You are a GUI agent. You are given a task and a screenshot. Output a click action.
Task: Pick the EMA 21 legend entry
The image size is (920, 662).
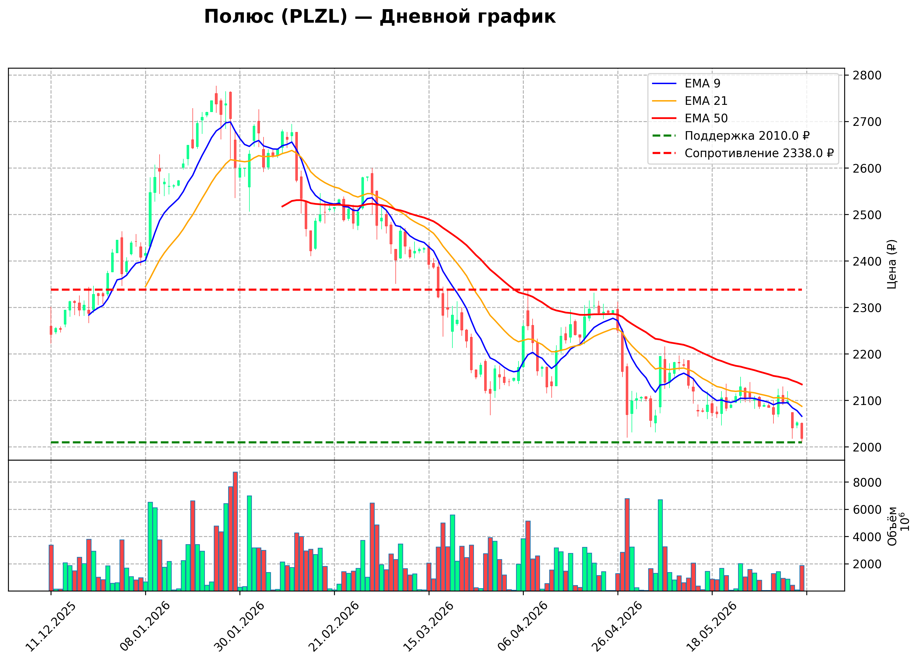point(690,101)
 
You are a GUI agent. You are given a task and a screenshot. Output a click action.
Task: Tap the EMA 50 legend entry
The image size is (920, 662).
point(690,118)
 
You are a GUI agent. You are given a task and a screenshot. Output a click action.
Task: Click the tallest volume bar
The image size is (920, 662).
point(235,531)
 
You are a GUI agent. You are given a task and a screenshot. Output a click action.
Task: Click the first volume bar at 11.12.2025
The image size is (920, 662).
point(51,568)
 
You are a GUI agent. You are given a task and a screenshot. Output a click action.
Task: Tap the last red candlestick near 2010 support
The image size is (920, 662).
point(802,431)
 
